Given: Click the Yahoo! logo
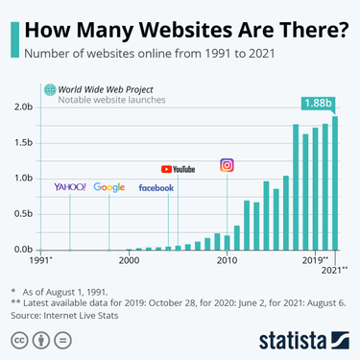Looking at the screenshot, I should point(70,186).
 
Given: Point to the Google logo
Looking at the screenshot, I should point(108,187).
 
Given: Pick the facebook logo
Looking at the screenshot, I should point(156,188).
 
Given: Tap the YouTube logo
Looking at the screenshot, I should point(178,168).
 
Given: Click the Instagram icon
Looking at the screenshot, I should point(228,165).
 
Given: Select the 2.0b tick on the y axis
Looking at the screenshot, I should point(22,107).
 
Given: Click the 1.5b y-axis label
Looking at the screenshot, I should point(22,142).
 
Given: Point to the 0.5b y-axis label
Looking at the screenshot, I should point(22,213).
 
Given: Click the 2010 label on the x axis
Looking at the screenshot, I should point(227,260).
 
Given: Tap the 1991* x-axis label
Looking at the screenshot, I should point(41,260).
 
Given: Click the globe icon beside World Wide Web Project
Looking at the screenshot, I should point(49,89).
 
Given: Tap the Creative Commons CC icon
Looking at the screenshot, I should point(19,340).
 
